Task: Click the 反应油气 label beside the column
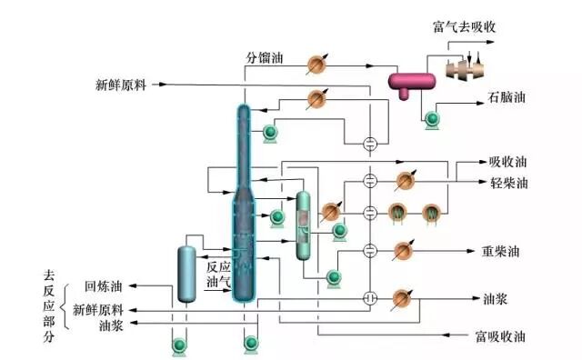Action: pyautogui.click(x=218, y=275)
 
